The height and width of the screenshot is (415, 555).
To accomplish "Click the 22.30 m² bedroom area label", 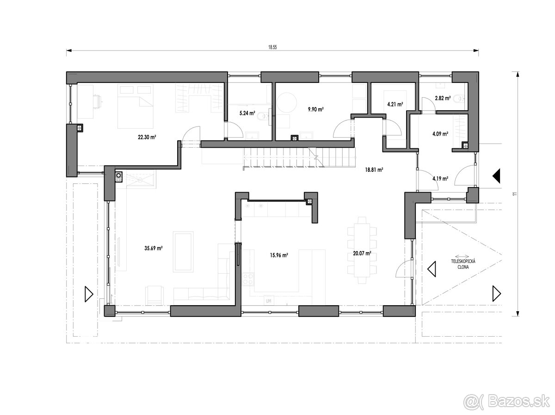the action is [x=147, y=137].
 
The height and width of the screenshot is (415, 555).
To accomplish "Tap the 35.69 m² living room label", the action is [x=154, y=248].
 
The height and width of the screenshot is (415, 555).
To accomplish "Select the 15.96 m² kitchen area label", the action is [x=279, y=255].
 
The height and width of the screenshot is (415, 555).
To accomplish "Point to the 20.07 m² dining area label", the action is [x=362, y=253].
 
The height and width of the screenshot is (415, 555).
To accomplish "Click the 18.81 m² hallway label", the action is [x=374, y=170].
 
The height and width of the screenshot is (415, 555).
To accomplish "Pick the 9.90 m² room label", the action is [x=316, y=109].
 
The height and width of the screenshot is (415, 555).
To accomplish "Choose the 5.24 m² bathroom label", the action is [x=247, y=113].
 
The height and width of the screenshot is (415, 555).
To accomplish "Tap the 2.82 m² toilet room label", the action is [x=443, y=98].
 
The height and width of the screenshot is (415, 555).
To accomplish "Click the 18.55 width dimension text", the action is [x=272, y=47].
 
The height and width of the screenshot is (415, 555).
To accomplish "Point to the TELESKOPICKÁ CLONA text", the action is [x=463, y=264].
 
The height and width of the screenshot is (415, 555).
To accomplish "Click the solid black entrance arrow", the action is [x=496, y=176].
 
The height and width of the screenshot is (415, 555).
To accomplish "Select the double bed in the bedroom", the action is [x=136, y=107].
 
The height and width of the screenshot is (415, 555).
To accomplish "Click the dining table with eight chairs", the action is [x=362, y=251].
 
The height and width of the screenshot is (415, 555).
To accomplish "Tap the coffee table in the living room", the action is [x=183, y=252].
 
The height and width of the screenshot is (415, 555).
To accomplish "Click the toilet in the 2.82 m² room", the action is [x=458, y=99].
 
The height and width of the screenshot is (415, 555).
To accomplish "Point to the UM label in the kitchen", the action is [x=269, y=301].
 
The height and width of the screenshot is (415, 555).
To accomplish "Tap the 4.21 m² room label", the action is [x=395, y=104].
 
